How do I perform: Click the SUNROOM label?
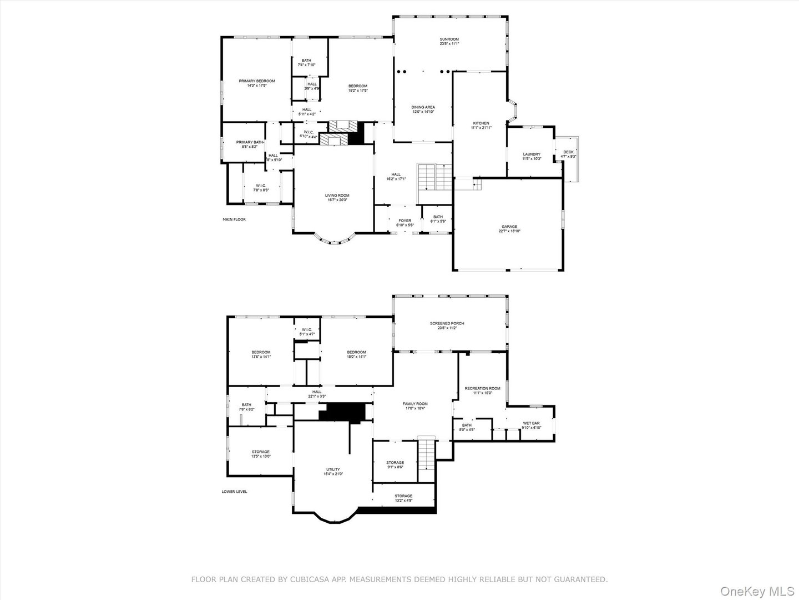click(449, 39)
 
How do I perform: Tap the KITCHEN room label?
click(481, 123)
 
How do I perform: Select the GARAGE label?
click(509, 227)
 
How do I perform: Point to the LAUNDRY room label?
click(531, 154)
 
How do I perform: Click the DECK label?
click(568, 152)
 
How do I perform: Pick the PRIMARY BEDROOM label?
click(257, 81)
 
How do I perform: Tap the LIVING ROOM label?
click(337, 196)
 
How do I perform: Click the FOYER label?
click(404, 221)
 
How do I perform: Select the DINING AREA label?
click(423, 107)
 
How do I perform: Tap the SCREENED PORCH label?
click(447, 323)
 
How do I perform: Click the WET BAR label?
click(531, 423)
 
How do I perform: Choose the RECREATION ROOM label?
click(482, 388)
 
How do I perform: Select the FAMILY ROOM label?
click(415, 404)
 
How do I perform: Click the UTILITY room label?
click(333, 469)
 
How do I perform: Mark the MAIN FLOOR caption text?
click(234, 219)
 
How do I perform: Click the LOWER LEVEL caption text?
click(234, 492)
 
